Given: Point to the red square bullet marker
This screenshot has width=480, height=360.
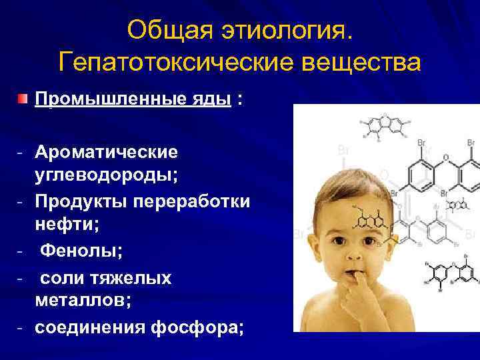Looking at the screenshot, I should click(23, 99).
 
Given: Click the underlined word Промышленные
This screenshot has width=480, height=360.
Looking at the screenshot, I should click(100, 99).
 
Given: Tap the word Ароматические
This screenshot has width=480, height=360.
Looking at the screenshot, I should click(107, 152).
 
